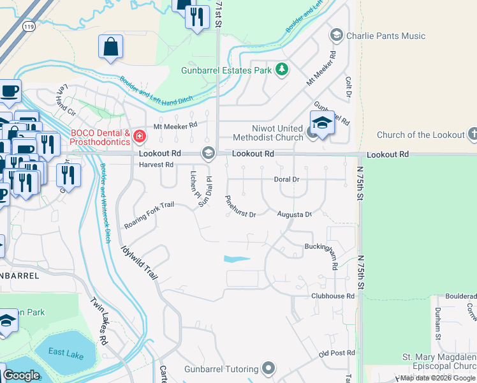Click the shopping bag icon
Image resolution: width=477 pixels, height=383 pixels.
point(111,47)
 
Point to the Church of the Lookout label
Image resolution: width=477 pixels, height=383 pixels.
point(420,135)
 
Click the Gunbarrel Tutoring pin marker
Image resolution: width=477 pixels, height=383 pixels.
point(268,368)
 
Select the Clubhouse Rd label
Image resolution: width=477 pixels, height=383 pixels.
point(332,296)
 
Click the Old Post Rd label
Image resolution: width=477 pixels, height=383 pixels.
point(336,354)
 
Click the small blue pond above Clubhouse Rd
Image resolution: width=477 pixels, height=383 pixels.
point(237,259)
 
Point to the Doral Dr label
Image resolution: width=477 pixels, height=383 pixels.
point(286,179)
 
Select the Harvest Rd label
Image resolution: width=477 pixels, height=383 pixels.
point(156,165)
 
